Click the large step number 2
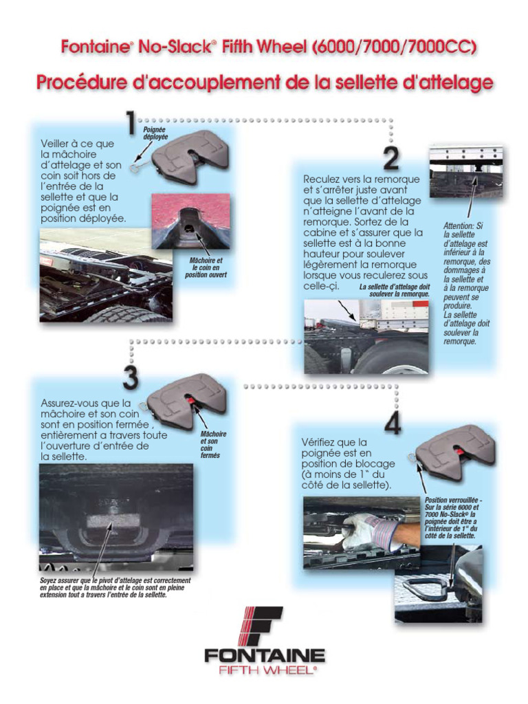(x=390, y=158)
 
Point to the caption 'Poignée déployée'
(x=155, y=133)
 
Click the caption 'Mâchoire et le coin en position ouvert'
(x=206, y=267)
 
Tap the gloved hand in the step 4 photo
(x=372, y=530)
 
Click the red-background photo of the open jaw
(x=190, y=221)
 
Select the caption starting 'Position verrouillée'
(x=453, y=518)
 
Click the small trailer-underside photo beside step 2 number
(x=465, y=171)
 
